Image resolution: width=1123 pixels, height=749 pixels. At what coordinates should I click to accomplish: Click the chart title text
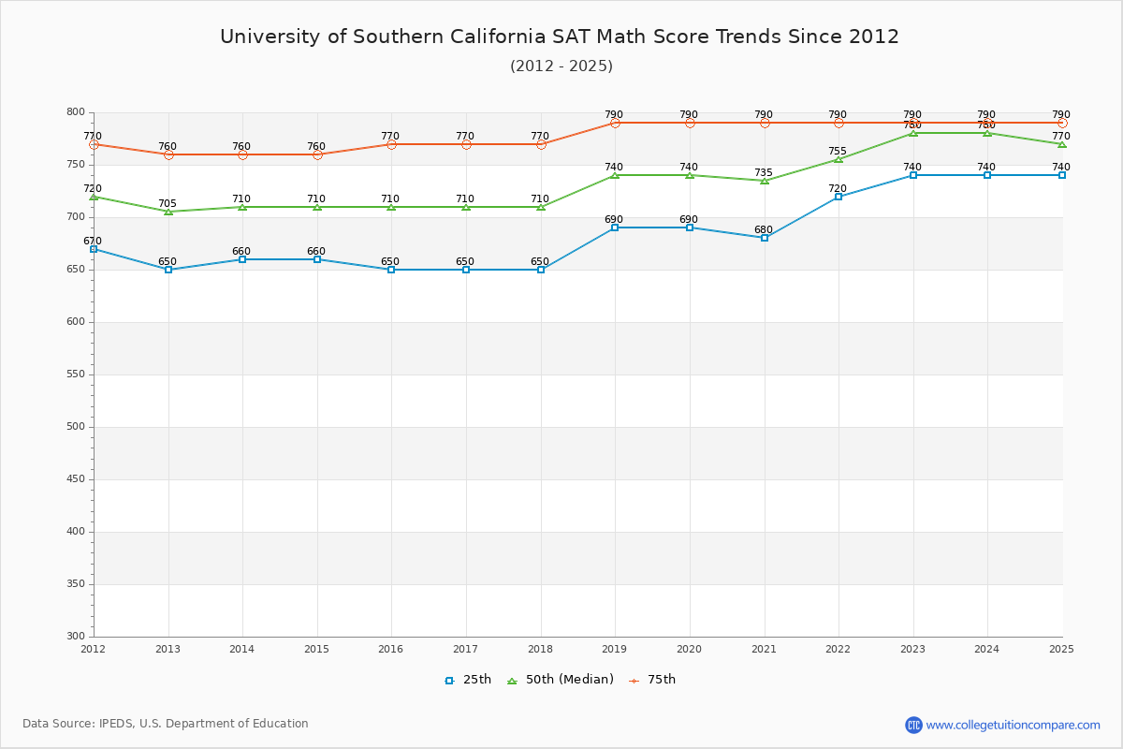pos(560,37)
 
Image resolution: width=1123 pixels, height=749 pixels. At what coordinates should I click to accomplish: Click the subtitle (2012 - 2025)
pos(561,66)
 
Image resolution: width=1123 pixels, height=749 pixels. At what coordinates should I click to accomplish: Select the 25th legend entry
pos(468,680)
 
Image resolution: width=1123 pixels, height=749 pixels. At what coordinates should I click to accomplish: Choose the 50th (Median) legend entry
pos(560,680)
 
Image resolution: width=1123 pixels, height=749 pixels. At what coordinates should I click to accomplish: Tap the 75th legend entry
pos(652,680)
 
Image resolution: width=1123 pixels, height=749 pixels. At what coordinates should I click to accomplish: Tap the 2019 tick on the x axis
pos(615,649)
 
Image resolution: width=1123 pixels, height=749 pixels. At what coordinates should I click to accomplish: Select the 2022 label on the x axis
pos(838,649)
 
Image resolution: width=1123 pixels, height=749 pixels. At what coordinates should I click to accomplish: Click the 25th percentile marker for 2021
pos(765,238)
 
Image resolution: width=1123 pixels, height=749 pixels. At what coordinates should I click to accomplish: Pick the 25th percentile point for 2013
pos(168,270)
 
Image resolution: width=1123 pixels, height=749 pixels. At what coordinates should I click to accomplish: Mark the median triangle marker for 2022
pos(839,159)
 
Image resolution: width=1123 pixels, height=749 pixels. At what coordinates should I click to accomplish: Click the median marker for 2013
pos(168,212)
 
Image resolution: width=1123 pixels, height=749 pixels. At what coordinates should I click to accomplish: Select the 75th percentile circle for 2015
pos(317,154)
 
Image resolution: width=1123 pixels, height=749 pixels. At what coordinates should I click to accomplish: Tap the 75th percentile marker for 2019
pos(615,123)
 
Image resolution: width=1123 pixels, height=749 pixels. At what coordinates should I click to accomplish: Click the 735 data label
pos(764,173)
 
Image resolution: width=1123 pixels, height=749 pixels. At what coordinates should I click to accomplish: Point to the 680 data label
pos(764,230)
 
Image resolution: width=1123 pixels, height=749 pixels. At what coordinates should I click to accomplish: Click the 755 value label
pos(838,152)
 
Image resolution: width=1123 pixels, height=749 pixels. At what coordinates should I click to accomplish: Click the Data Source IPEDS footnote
pos(166,724)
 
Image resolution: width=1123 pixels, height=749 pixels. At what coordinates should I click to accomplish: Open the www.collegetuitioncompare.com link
pos(1013,725)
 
